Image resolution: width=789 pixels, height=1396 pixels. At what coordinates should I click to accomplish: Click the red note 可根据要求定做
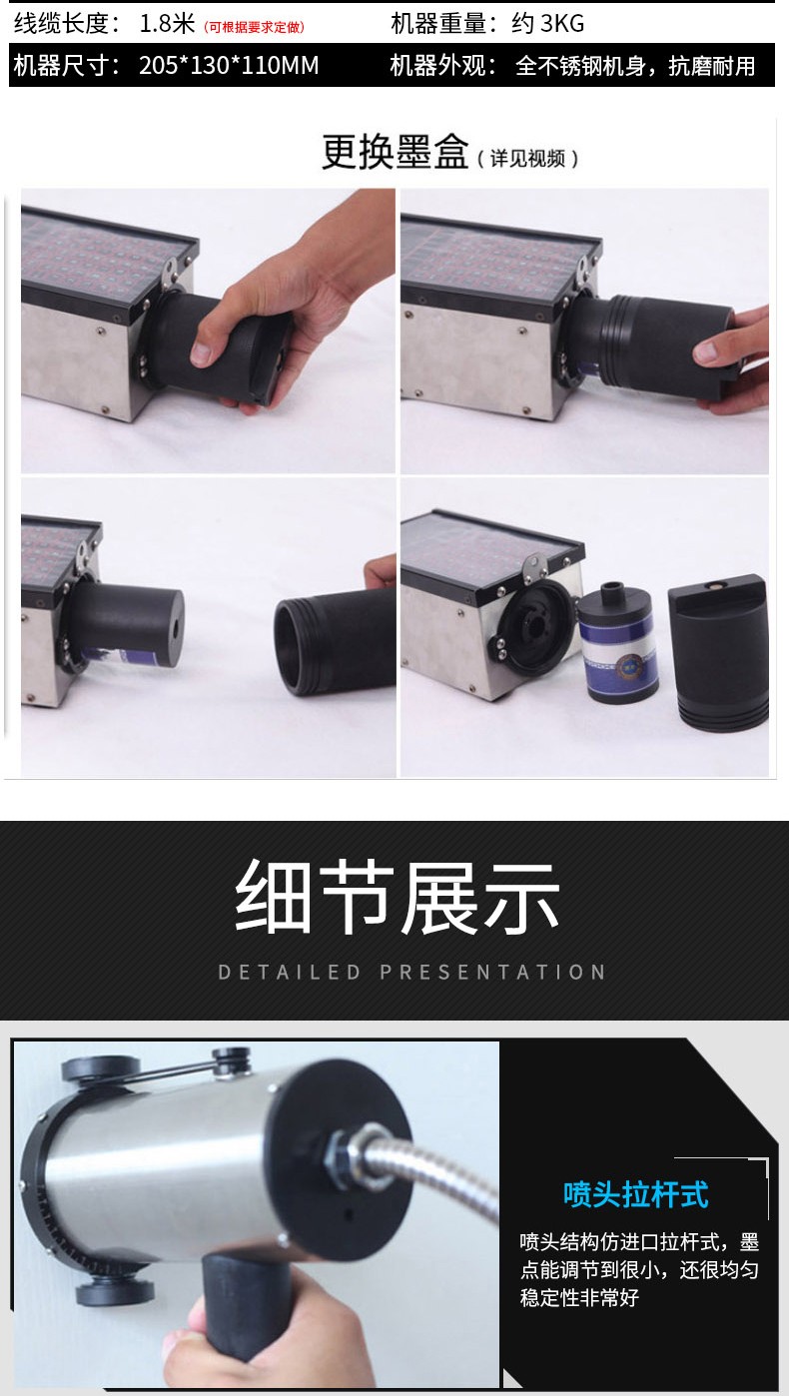coord(255,27)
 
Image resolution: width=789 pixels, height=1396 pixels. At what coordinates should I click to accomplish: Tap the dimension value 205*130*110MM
coord(229,66)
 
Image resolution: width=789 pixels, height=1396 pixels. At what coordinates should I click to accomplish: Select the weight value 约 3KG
coord(548,24)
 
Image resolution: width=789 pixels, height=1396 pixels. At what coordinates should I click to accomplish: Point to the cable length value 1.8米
coord(167,24)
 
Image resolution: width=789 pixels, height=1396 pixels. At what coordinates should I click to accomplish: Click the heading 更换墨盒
coord(394,152)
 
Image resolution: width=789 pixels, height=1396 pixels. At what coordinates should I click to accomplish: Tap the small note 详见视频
coord(528,159)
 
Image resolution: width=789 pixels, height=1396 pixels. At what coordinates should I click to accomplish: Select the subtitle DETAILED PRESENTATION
coord(411,973)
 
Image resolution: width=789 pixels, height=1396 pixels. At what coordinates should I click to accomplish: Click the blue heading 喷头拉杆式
coord(635,1194)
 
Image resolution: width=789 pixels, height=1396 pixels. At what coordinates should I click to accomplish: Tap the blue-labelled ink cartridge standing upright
coord(617,641)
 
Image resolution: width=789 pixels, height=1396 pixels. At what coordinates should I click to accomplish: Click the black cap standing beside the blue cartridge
coord(718,661)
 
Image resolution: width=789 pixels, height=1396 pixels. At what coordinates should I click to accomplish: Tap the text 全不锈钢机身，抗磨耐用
coord(635,66)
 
